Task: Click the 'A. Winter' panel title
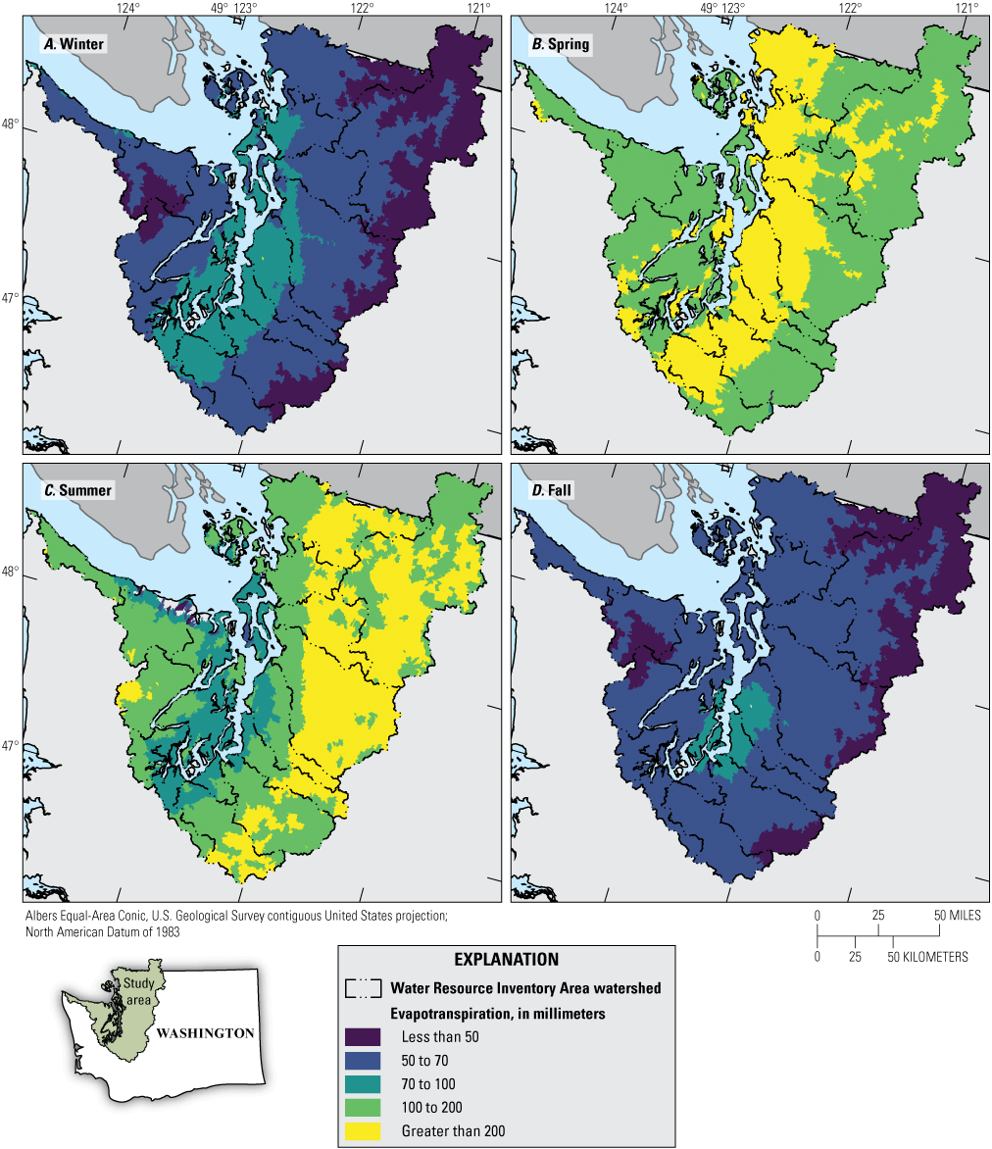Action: click(x=73, y=44)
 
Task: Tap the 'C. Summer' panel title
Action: click(x=77, y=489)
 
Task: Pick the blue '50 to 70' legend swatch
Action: click(x=362, y=1061)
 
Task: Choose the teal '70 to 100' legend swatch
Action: click(x=362, y=1084)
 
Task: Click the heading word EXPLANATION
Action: click(x=507, y=959)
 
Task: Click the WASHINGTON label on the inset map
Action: click(x=206, y=1033)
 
